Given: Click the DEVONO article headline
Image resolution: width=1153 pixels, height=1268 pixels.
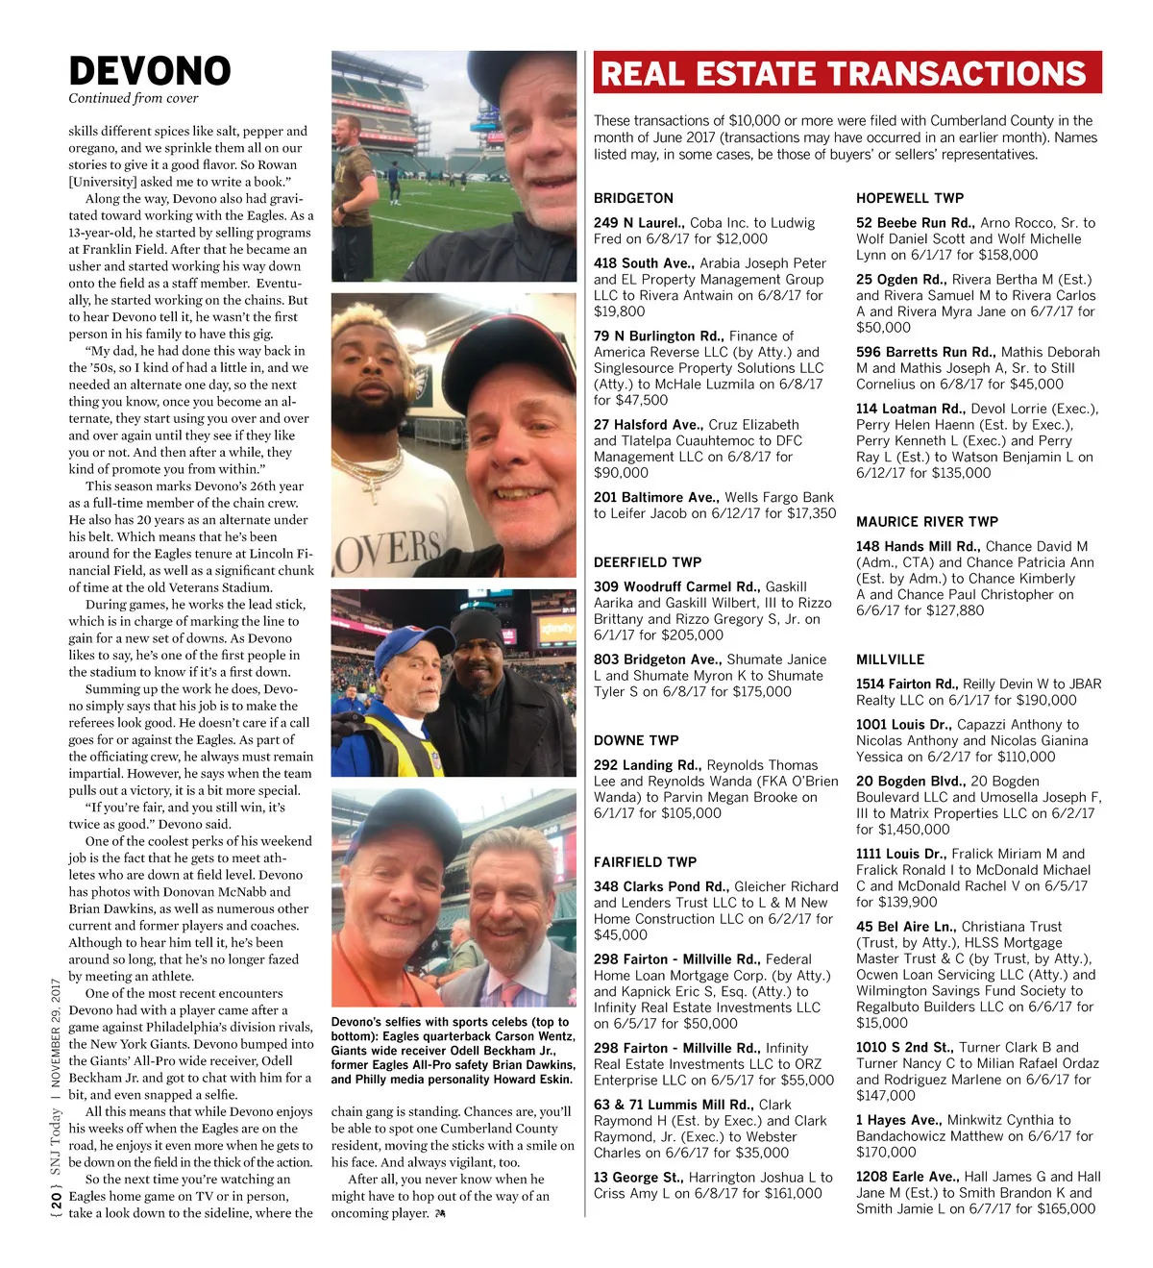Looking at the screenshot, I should pos(150,71).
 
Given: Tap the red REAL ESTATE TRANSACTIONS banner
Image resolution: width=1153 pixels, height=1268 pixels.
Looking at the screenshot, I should pos(846,74).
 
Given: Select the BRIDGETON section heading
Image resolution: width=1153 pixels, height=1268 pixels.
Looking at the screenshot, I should pos(633,198).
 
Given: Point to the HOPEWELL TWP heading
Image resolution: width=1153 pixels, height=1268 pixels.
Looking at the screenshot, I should pos(909,198).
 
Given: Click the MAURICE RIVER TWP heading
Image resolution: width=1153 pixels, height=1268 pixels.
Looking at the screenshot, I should pos(926,521).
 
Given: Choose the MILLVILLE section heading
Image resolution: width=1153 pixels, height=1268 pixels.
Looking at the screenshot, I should pos(890,659).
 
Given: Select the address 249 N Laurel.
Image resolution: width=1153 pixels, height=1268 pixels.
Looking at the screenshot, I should pos(638,223).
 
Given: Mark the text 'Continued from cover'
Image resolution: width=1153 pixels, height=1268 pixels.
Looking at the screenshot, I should pos(133,98).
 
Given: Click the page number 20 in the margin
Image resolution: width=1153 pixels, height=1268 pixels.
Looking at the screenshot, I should pos(57,1200).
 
